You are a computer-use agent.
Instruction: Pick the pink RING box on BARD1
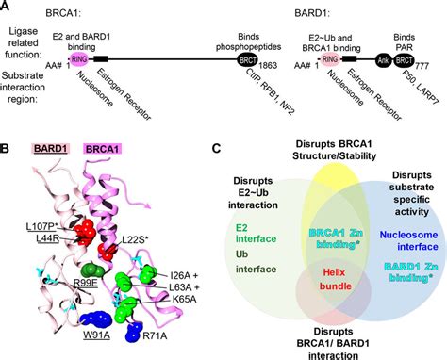[x=330, y=58]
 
